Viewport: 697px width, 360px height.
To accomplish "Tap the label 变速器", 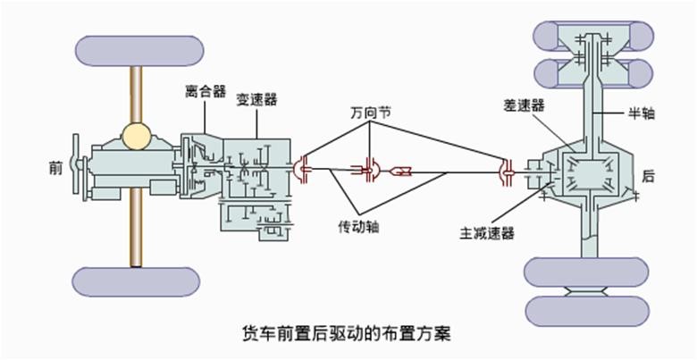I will coord(256,99).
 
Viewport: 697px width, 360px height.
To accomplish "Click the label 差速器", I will coord(525,106).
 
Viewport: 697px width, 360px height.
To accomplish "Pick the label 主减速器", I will coord(489,234).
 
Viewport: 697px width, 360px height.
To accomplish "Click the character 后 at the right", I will coord(649,176).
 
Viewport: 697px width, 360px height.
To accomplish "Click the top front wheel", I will coord(137,50).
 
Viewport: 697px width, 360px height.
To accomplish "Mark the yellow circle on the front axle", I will coord(137,136).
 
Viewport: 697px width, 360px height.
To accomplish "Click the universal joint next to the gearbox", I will coord(301,168).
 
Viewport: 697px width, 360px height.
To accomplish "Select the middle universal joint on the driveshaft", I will coord(368,169).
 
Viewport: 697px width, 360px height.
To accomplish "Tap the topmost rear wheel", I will coord(587,36).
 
